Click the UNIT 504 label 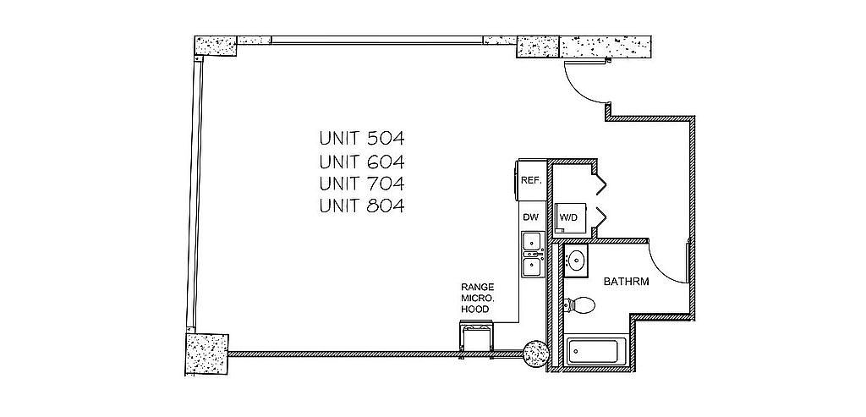(x=362, y=138)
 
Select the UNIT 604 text (x=362, y=162)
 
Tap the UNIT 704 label (x=362, y=183)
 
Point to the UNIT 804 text (x=362, y=206)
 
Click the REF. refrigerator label (x=531, y=180)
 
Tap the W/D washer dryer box (x=568, y=217)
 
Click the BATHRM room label (x=626, y=281)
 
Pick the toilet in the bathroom (x=578, y=305)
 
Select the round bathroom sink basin (x=577, y=259)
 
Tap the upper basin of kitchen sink (x=533, y=241)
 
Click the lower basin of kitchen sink (x=533, y=266)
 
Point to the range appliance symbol (x=475, y=337)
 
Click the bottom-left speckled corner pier (x=206, y=354)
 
